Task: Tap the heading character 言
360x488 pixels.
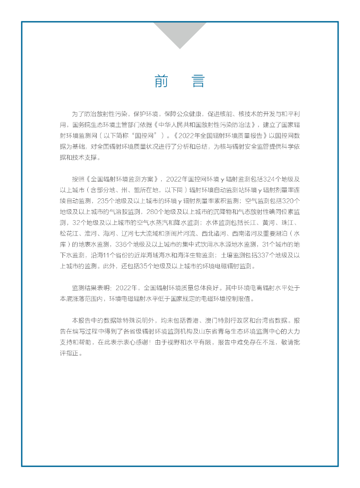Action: pos(198,81)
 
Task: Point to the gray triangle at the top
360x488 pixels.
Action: pos(180,33)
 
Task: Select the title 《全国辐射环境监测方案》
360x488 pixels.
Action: pos(124,179)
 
